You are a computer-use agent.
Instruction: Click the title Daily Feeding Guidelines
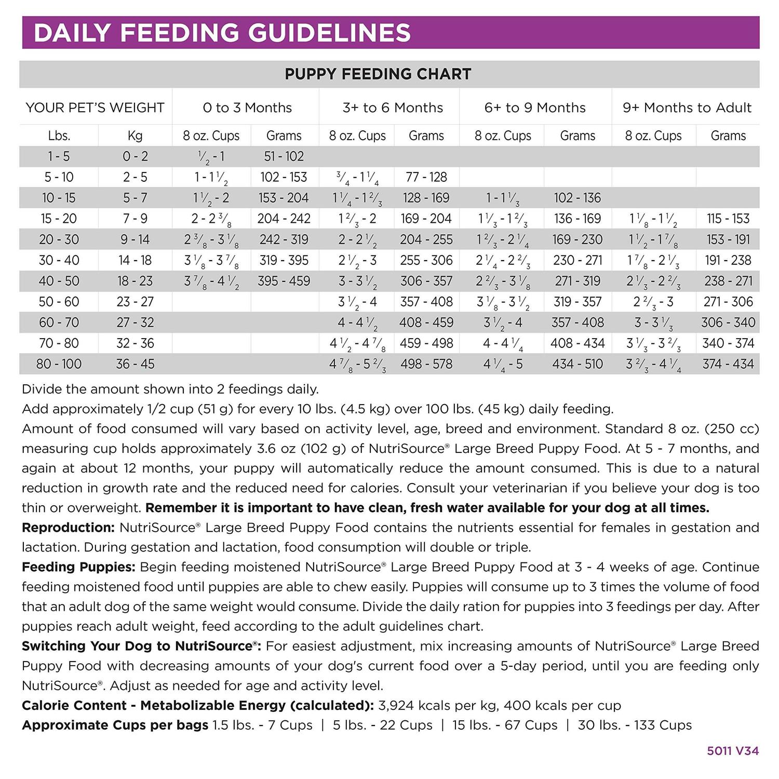[222, 32]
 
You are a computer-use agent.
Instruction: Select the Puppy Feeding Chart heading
[378, 74]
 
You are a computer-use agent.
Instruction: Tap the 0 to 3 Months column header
[247, 108]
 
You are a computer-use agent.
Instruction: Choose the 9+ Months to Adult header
[687, 108]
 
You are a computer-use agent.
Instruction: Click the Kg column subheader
[135, 136]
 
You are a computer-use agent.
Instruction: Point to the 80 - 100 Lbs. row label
[59, 364]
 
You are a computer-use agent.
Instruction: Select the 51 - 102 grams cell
[284, 156]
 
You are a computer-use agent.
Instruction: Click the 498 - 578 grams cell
[426, 364]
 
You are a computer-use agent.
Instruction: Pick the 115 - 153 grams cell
[728, 219]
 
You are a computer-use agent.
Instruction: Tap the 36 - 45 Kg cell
[135, 364]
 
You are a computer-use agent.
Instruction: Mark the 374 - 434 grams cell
[728, 364]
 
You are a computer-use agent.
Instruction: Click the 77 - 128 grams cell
[426, 177]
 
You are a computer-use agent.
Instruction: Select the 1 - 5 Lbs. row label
[59, 156]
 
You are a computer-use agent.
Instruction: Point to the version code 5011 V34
[732, 751]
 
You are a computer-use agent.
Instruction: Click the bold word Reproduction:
[68, 528]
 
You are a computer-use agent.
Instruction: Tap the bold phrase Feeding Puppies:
[78, 567]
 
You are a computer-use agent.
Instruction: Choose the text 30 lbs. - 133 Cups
[635, 725]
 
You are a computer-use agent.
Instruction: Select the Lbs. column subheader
[59, 136]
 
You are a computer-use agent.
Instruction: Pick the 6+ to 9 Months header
[535, 108]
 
